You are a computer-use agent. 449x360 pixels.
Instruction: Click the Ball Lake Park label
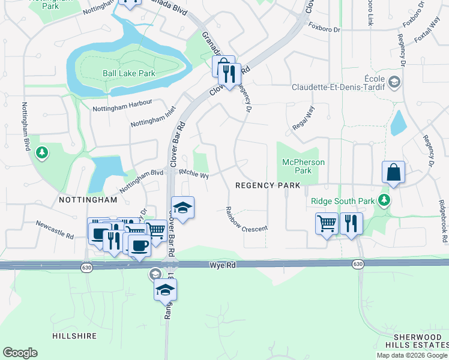[128, 73]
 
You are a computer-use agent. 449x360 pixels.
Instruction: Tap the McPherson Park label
[304, 166]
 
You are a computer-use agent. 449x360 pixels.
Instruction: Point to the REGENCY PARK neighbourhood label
[267, 185]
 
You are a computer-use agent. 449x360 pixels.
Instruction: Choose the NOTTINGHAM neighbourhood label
[88, 199]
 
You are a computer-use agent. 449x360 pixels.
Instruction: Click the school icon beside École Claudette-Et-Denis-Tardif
[394, 82]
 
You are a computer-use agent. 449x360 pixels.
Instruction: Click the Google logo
[20, 353]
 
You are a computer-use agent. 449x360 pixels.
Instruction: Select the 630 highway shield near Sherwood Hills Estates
[358, 264]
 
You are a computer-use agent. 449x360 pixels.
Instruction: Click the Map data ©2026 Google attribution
[412, 355]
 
